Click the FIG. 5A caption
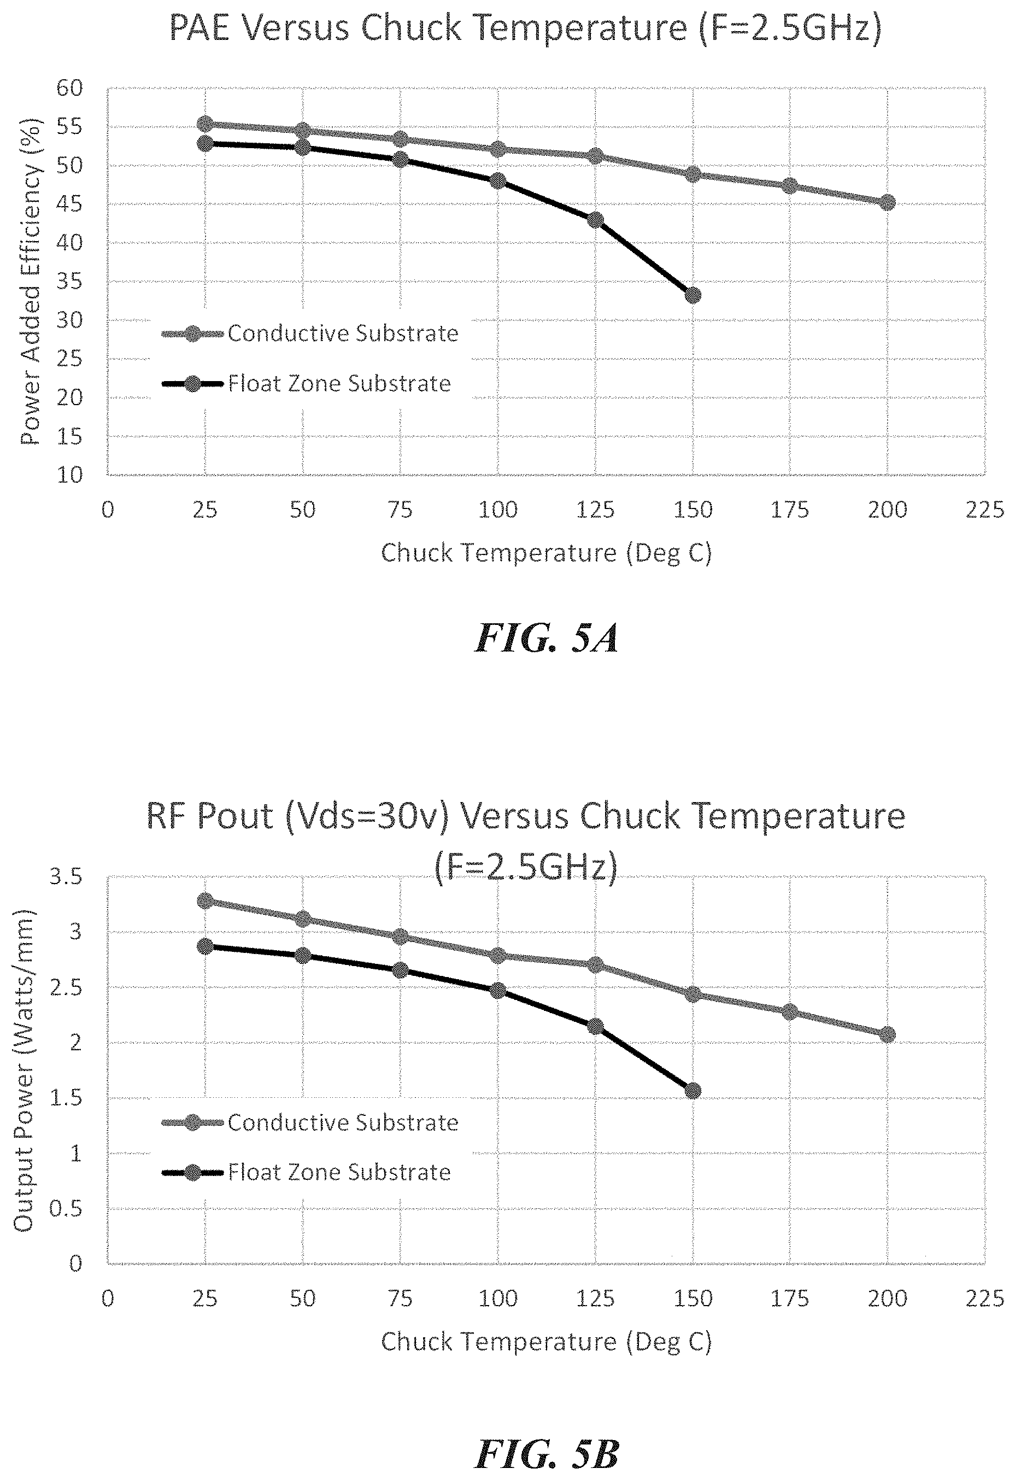click(x=547, y=639)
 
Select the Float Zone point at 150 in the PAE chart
click(x=693, y=295)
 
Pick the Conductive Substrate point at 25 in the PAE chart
click(x=205, y=124)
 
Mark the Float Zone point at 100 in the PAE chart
click(x=498, y=181)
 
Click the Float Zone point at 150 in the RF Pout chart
click(x=693, y=1091)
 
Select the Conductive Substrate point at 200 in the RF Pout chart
click(x=887, y=1035)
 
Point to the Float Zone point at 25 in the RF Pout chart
click(x=205, y=946)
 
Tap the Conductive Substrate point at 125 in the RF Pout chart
click(x=595, y=965)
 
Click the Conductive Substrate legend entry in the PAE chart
click(x=342, y=334)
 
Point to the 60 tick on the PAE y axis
click(x=70, y=88)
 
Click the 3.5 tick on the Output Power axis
click(x=66, y=877)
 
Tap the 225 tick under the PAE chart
click(x=984, y=510)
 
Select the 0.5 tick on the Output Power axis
click(x=66, y=1208)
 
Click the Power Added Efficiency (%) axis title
click(x=31, y=282)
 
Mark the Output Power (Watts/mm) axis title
click(x=24, y=1070)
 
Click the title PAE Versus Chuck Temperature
click(x=525, y=28)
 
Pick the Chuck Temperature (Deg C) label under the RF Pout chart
click(x=545, y=1342)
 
